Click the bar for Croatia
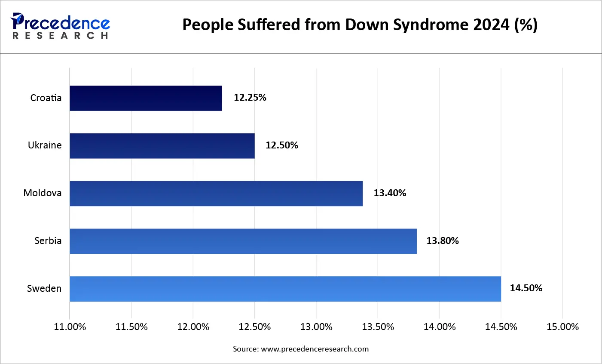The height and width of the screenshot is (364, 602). point(146,98)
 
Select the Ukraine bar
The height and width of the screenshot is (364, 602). point(162,146)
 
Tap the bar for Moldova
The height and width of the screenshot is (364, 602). point(216,194)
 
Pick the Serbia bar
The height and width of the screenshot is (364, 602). point(243,241)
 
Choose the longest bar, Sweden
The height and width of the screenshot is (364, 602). point(285,289)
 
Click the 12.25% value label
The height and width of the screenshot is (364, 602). point(250,98)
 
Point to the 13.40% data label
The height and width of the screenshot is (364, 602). point(389,193)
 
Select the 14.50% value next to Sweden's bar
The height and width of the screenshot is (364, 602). point(526,288)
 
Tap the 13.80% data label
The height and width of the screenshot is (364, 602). point(442,241)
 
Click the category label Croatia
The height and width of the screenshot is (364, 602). point(46,98)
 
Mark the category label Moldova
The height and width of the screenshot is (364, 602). point(42,193)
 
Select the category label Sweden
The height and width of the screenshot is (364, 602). point(44,289)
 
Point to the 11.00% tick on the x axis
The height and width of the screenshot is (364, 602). point(70,327)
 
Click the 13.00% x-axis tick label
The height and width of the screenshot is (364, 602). point(316,327)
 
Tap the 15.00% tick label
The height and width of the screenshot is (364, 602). point(562,327)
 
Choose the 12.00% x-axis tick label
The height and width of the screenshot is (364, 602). point(193,327)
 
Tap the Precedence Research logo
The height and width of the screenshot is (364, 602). point(60,26)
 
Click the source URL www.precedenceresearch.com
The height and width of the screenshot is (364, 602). point(315,349)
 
